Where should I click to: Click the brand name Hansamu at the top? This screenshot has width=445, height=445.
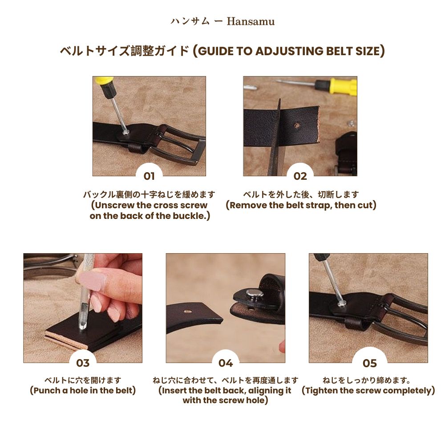click(251, 21)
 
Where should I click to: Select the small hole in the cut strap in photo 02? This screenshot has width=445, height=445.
click(296, 125)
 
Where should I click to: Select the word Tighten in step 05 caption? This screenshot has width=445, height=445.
click(322, 391)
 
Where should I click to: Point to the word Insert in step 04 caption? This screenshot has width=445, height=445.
click(174, 391)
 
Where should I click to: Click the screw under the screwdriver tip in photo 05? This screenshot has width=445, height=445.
click(341, 303)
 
